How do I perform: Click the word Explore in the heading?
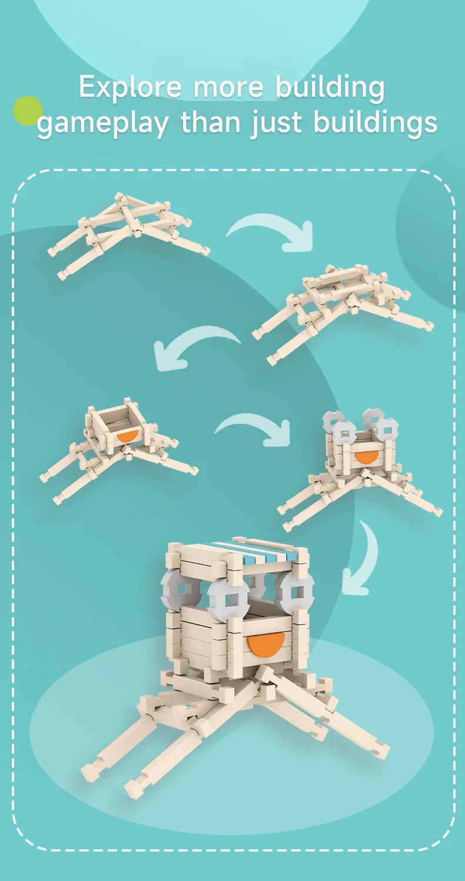130,87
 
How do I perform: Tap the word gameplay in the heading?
102,124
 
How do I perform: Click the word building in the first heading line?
330,87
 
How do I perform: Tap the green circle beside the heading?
28,111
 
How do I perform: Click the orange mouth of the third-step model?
128,435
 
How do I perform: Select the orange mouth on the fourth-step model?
367,457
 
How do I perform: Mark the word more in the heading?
228,89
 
